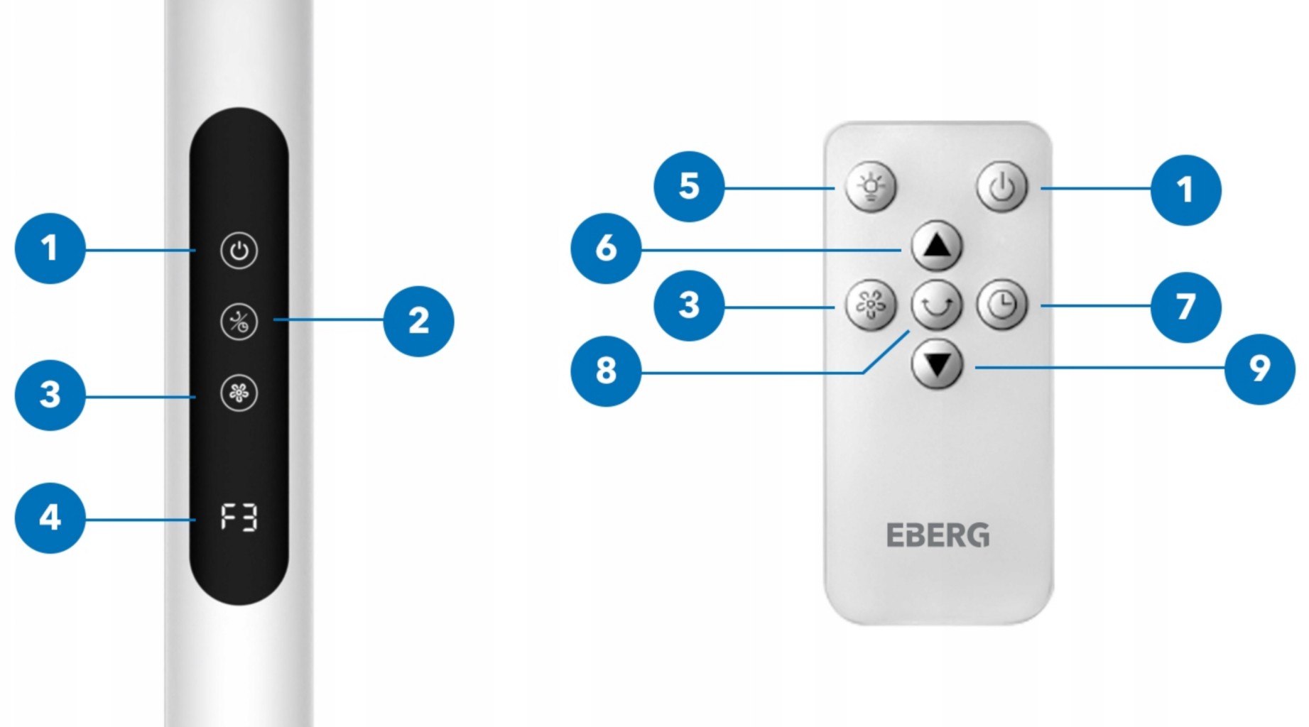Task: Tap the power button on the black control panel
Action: pyautogui.click(x=239, y=251)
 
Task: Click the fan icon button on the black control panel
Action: pyautogui.click(x=239, y=393)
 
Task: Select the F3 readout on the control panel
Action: pyautogui.click(x=239, y=517)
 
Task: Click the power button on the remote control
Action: pyautogui.click(x=1001, y=187)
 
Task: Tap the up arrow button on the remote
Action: pyautogui.click(x=937, y=246)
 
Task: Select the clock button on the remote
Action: pyautogui.click(x=1001, y=305)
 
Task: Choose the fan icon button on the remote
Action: pyautogui.click(x=871, y=305)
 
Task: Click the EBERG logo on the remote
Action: pyautogui.click(x=938, y=535)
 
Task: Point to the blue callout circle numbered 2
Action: pyautogui.click(x=418, y=321)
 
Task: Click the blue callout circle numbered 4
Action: pyautogui.click(x=50, y=518)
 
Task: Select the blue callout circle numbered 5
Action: pyautogui.click(x=689, y=186)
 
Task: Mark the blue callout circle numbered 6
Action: pyautogui.click(x=606, y=248)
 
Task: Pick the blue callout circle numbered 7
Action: pyautogui.click(x=1185, y=307)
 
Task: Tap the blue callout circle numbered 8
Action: pyautogui.click(x=606, y=371)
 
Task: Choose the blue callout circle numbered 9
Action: pyautogui.click(x=1259, y=369)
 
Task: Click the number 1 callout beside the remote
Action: pyautogui.click(x=1185, y=190)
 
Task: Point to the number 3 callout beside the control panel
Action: pyautogui.click(x=50, y=395)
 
